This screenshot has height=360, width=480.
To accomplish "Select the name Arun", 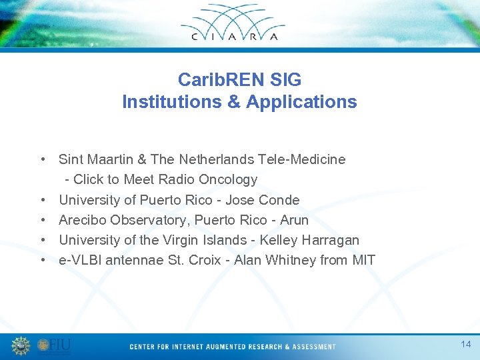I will (x=294, y=220).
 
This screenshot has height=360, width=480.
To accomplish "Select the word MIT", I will (x=363, y=260).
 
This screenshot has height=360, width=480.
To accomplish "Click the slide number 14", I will (x=465, y=344).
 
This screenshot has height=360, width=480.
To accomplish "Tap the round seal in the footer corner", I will (x=21, y=346).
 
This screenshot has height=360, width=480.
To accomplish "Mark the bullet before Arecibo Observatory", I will (x=42, y=220).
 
